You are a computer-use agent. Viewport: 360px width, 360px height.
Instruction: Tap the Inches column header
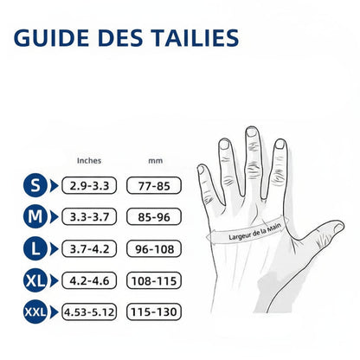[x=89, y=160]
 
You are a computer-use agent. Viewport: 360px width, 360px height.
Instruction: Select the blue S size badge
[x=35, y=184]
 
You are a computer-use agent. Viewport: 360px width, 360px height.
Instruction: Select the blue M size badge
[x=35, y=216]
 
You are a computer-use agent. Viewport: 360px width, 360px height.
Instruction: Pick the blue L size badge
[x=35, y=248]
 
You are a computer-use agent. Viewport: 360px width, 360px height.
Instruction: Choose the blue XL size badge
[x=35, y=280]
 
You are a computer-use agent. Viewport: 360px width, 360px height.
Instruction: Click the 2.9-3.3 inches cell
[x=90, y=184]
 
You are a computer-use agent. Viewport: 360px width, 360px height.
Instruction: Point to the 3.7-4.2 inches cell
[x=90, y=248]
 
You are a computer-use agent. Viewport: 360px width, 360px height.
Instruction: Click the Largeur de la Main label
[x=257, y=229]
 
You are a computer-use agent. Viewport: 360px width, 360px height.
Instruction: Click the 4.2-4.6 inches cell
[x=90, y=280]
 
